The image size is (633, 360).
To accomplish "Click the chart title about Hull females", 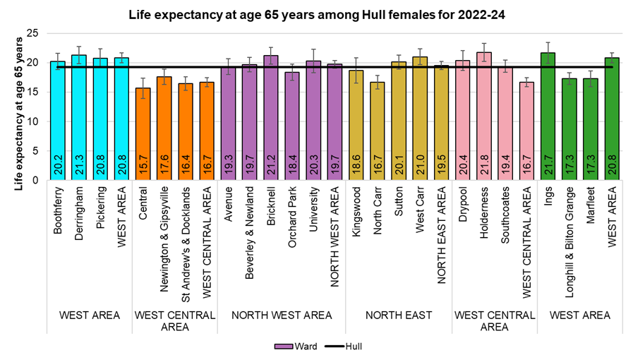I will coord(316,13).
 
